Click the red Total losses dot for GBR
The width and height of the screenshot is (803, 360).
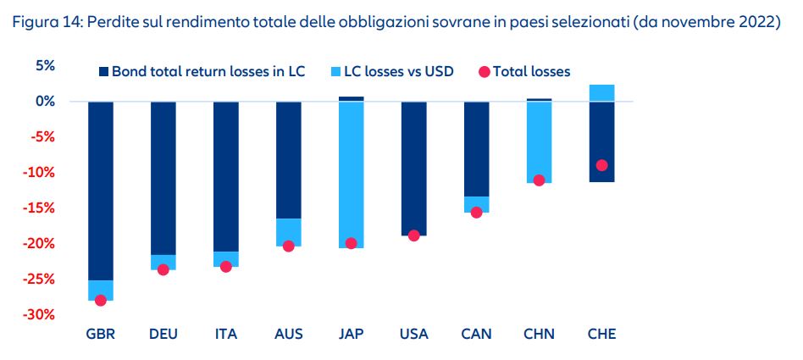click(101, 300)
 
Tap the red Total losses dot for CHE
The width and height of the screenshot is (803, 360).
click(601, 165)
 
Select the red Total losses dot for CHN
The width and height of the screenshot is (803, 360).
click(539, 180)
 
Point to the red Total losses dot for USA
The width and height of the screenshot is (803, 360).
click(414, 235)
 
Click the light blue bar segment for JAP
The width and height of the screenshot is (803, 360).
click(352, 169)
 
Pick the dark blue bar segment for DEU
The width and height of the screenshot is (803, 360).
click(163, 178)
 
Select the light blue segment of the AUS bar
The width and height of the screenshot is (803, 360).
click(289, 232)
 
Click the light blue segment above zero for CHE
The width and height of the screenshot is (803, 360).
click(601, 92)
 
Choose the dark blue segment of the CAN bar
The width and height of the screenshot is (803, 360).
click(476, 148)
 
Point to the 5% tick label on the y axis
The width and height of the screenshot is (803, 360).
click(45, 66)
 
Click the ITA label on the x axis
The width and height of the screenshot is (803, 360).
click(226, 334)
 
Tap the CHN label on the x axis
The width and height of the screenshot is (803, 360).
click(539, 334)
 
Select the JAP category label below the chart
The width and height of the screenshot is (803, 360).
click(352, 334)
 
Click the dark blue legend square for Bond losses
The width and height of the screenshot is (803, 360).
click(104, 72)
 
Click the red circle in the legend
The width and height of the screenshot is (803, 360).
click(485, 72)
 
